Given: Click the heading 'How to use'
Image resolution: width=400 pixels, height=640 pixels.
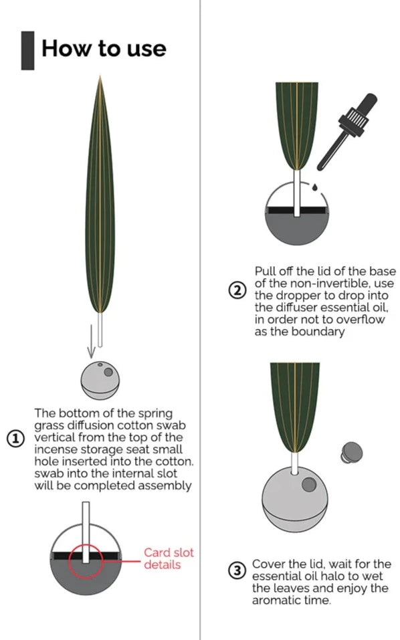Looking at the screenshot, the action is pyautogui.click(x=104, y=49).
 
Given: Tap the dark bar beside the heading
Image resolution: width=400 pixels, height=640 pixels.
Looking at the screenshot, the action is pyautogui.click(x=27, y=50).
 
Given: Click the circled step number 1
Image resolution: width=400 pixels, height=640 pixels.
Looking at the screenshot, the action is pyautogui.click(x=15, y=439).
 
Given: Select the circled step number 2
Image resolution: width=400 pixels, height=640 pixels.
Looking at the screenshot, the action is pyautogui.click(x=237, y=291).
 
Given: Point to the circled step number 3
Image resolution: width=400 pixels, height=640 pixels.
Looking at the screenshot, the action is pyautogui.click(x=237, y=570).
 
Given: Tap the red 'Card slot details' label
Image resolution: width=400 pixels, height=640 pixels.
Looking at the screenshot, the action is pyautogui.click(x=168, y=558).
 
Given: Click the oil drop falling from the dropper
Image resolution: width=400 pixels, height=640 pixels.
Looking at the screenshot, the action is pyautogui.click(x=314, y=187).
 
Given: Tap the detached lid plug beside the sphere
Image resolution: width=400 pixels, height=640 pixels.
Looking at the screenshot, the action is pyautogui.click(x=351, y=453).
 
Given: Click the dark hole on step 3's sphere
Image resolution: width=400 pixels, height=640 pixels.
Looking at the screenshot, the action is pyautogui.click(x=309, y=484).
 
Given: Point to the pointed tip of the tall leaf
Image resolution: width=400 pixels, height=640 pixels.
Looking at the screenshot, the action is pyautogui.click(x=100, y=76).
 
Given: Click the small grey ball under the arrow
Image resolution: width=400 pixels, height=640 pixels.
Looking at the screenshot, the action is pyautogui.click(x=100, y=380).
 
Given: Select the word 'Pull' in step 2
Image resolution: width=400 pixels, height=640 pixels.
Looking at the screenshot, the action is pyautogui.click(x=266, y=272).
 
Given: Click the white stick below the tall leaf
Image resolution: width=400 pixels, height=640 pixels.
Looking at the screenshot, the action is pyautogui.click(x=100, y=330).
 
